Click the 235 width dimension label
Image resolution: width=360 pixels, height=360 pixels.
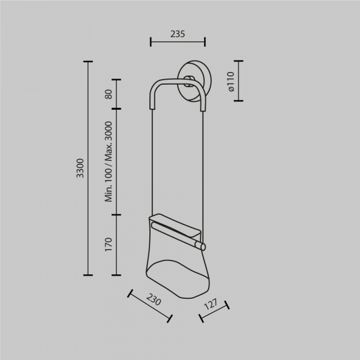pyautogui.click(x=178, y=34)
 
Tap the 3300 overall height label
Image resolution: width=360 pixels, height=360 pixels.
pyautogui.click(x=80, y=168)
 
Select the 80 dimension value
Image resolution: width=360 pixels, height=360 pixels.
pyautogui.click(x=109, y=94)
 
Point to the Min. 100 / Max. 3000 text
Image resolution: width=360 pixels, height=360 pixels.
pyautogui.click(x=109, y=161)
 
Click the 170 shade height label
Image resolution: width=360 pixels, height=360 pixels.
pyautogui.click(x=109, y=245)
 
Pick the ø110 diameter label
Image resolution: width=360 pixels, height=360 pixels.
pyautogui.click(x=230, y=82)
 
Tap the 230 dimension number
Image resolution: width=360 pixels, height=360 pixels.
pyautogui.click(x=154, y=299)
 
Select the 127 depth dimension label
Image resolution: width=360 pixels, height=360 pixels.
pyautogui.click(x=211, y=304)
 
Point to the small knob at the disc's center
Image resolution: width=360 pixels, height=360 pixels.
pyautogui.click(x=190, y=81)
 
